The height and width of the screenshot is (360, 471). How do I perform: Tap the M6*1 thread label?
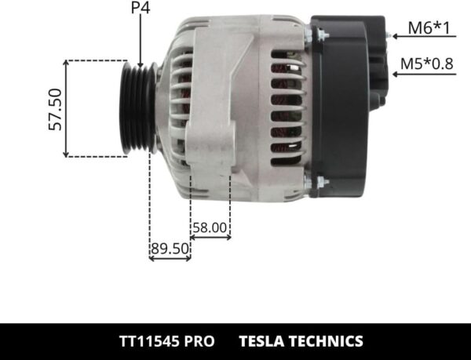(428, 30)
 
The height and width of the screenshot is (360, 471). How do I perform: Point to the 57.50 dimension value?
(56, 109)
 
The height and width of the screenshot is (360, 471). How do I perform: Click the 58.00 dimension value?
(210, 228)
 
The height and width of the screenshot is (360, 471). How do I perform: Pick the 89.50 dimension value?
(170, 249)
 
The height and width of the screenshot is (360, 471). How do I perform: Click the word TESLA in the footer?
(265, 341)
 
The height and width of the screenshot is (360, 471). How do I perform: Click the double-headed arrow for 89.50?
(170, 258)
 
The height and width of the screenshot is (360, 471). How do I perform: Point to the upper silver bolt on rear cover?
(319, 35)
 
